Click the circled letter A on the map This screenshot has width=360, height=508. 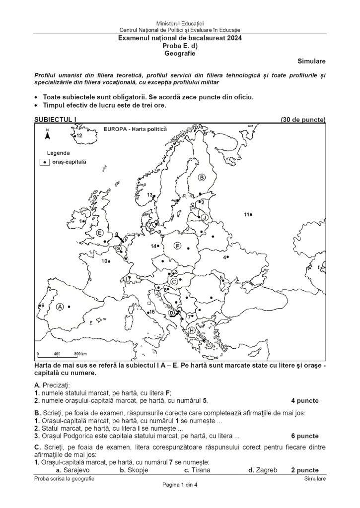click(60, 307)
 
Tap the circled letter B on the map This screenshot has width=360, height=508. click(202, 177)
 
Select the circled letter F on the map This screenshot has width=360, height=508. click(177, 246)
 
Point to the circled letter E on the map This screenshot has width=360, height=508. click(100, 233)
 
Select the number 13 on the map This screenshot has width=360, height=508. click(149, 195)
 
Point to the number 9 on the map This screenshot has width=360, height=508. click(43, 305)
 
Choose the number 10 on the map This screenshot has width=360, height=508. click(104, 261)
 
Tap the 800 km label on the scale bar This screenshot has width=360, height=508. click(80, 354)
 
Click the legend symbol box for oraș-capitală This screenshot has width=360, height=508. click(44, 162)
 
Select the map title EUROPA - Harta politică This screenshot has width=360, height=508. click(135, 128)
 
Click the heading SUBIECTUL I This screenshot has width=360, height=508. click(54, 120)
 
